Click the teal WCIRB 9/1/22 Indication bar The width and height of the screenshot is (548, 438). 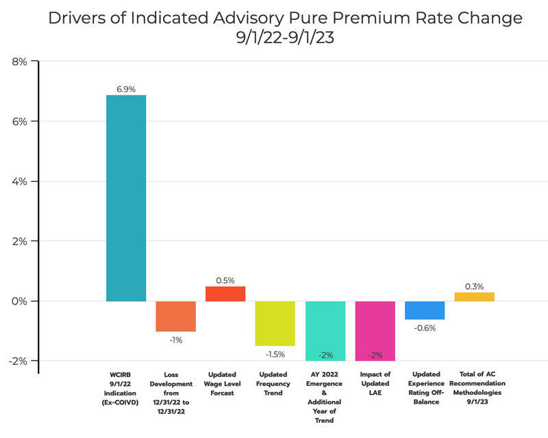click(125, 198)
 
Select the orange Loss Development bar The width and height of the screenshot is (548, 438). click(175, 316)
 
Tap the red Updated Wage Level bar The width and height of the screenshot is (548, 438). click(225, 294)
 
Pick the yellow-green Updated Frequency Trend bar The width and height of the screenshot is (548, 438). click(275, 324)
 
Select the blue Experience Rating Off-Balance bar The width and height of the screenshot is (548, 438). click(425, 311)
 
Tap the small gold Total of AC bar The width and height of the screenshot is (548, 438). click(474, 297)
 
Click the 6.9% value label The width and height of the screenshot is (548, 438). click(125, 89)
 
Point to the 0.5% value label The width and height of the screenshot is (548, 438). click(225, 280)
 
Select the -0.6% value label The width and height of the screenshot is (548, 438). click(425, 328)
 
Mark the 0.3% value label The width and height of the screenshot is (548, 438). click(474, 287)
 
